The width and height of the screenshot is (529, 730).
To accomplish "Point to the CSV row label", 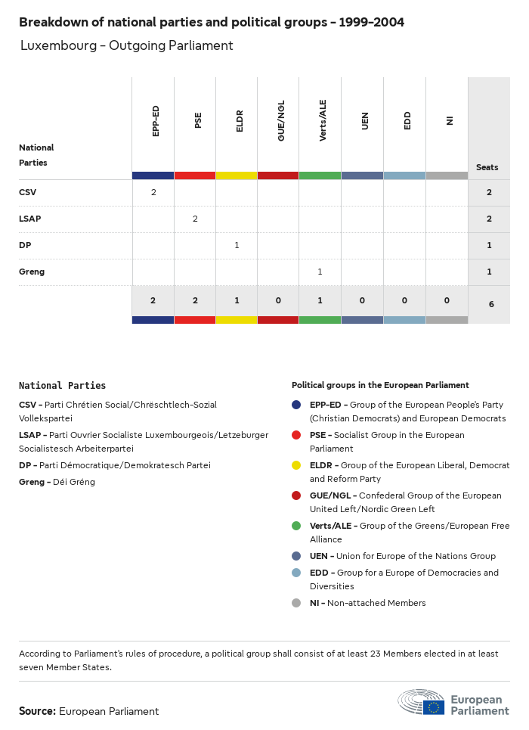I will tap(27, 192).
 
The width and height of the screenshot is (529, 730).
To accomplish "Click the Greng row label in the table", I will tap(32, 272).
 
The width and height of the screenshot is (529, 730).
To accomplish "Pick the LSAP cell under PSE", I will tap(195, 219).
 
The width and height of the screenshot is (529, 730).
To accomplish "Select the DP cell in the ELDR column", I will tap(237, 245).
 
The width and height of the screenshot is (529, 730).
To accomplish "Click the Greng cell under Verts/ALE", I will tap(320, 272).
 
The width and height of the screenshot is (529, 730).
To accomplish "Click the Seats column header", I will tap(487, 167).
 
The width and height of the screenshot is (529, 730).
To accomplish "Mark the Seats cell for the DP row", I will tap(489, 245).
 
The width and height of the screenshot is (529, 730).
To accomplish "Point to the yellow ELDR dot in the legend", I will tap(296, 465).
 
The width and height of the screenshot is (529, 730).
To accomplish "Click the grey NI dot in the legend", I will tap(296, 603).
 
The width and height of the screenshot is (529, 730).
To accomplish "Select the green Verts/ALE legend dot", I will tap(296, 526).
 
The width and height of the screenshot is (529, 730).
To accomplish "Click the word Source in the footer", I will tap(37, 711).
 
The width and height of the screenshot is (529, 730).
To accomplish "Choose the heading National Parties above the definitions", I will tap(62, 386).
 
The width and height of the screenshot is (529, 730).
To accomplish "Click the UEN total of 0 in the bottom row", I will tap(362, 300).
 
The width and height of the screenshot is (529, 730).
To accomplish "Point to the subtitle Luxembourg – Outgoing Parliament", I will tap(126, 45).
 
